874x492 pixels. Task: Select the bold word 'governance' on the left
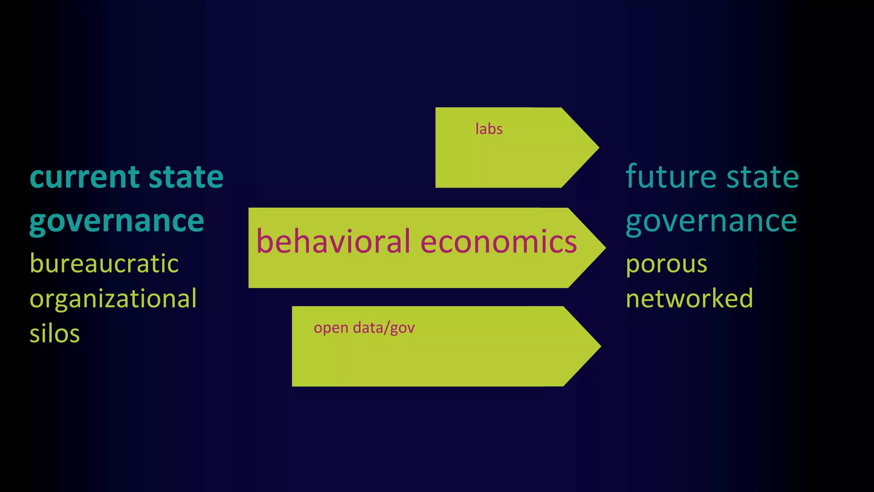pyautogui.click(x=117, y=222)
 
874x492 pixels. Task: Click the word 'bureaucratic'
pyautogui.click(x=104, y=264)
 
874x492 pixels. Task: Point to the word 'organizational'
pyautogui.click(x=113, y=299)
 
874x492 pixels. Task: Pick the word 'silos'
pyautogui.click(x=55, y=334)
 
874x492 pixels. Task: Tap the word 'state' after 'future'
pyautogui.click(x=763, y=177)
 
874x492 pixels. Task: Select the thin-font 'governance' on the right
pyautogui.click(x=711, y=222)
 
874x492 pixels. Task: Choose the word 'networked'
pyautogui.click(x=689, y=299)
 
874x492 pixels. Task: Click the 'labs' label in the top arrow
pyautogui.click(x=489, y=129)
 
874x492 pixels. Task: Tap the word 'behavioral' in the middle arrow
pyautogui.click(x=333, y=242)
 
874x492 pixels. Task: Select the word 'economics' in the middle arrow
pyautogui.click(x=498, y=242)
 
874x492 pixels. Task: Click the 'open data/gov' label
pyautogui.click(x=364, y=328)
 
